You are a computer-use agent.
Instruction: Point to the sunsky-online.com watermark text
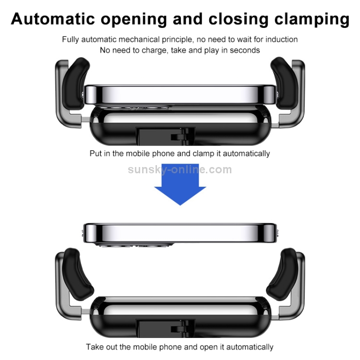(180, 169)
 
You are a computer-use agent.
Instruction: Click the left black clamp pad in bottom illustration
(77, 271)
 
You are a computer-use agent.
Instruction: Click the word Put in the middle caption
(96, 154)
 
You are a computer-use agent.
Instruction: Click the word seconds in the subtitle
(245, 50)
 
